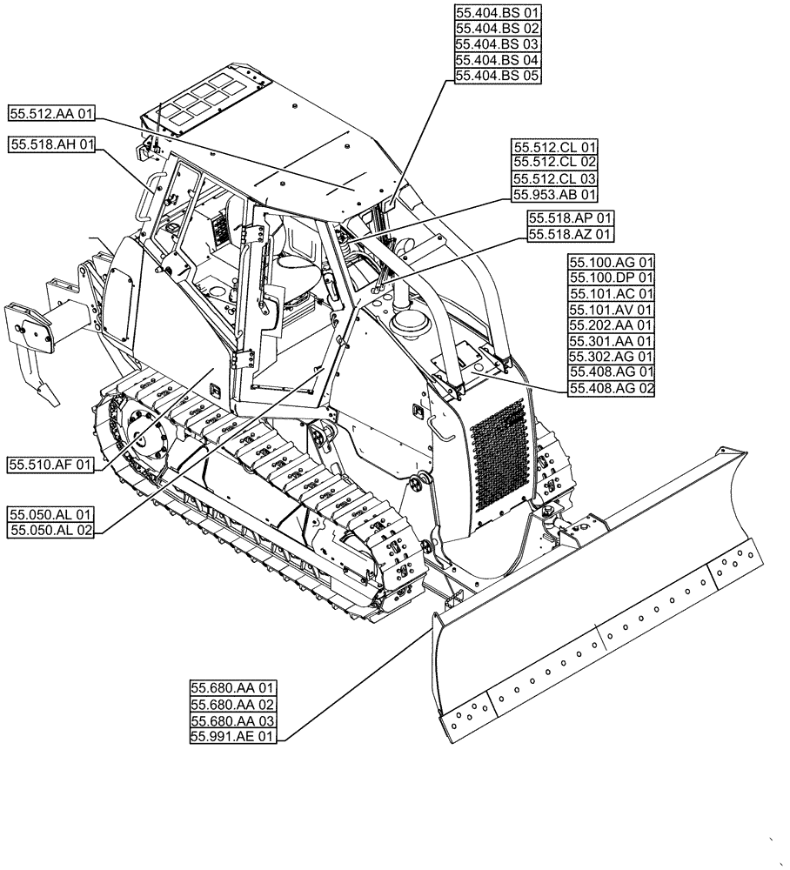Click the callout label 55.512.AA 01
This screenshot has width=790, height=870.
pyautogui.click(x=52, y=113)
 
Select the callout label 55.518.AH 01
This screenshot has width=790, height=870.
pyautogui.click(x=52, y=145)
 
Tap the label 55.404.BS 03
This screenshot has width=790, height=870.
pyautogui.click(x=498, y=44)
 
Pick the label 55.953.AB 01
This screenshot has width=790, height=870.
pyautogui.click(x=555, y=195)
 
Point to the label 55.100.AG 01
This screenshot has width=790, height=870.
pyautogui.click(x=611, y=262)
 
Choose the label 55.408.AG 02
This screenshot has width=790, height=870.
pyautogui.click(x=611, y=388)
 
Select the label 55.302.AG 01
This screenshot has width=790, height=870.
pyautogui.click(x=611, y=357)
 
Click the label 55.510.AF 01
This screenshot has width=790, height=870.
pyautogui.click(x=50, y=465)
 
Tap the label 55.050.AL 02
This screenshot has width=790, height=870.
pyautogui.click(x=50, y=530)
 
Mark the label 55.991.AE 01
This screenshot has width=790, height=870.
pyautogui.click(x=232, y=737)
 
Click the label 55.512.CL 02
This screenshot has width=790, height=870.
pyautogui.click(x=555, y=163)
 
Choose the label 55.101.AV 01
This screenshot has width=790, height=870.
pyautogui.click(x=611, y=310)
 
